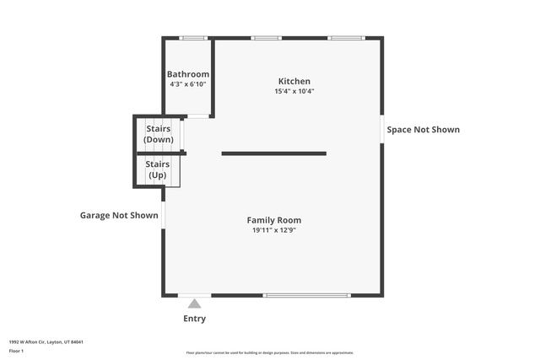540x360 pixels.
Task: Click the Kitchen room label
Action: click(294, 81)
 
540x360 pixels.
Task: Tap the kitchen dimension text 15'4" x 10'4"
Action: click(294, 91)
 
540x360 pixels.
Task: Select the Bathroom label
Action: click(187, 74)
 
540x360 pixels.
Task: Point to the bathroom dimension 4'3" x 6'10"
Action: click(187, 84)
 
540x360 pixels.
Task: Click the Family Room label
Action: click(273, 220)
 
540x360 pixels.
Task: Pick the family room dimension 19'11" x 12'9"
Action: click(273, 230)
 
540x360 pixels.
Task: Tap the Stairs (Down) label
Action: click(158, 134)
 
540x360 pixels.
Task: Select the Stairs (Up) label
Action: click(158, 169)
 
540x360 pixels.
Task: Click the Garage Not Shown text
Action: click(119, 215)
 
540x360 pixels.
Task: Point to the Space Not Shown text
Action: click(423, 130)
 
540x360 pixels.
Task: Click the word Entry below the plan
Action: click(194, 319)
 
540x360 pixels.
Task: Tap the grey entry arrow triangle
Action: click(194, 304)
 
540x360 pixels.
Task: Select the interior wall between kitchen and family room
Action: click(273, 153)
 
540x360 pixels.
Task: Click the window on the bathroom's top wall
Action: click(194, 38)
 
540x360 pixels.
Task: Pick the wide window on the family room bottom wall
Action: click(306, 295)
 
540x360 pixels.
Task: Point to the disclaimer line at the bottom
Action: click(270, 352)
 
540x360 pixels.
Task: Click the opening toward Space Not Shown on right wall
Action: click(381, 129)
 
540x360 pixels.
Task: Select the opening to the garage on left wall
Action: click(163, 214)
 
